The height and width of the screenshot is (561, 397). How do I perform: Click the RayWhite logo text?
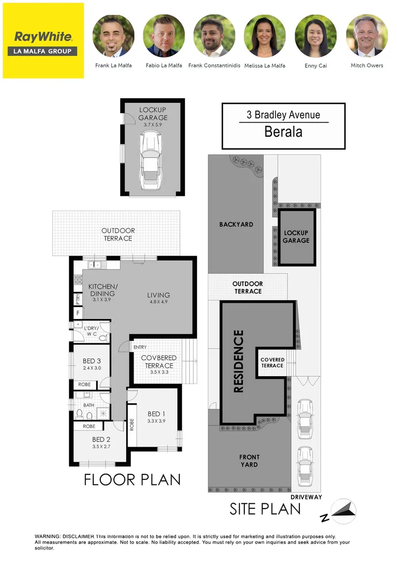43,37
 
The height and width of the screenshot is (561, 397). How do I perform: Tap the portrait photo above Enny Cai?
316,35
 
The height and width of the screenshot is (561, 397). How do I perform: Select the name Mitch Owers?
367,65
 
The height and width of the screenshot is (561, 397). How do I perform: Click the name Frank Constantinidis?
214,65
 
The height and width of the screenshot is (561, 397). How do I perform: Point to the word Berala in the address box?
283,131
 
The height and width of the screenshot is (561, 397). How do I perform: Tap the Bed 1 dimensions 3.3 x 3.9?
156,421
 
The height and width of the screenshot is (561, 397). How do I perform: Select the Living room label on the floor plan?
160,295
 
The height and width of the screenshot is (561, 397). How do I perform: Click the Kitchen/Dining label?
103,290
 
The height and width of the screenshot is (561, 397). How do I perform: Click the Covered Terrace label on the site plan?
272,363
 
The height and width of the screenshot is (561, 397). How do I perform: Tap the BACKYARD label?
236,224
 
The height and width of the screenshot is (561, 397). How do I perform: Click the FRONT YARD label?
249,461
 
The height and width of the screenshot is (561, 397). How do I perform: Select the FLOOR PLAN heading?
132,479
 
